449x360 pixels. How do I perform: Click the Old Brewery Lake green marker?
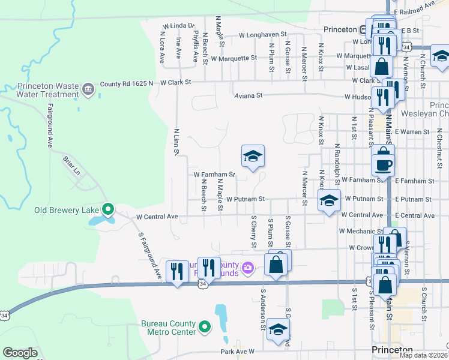(x=108, y=209)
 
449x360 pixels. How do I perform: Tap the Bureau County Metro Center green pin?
(x=205, y=328)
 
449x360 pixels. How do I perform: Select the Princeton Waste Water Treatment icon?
(x=88, y=90)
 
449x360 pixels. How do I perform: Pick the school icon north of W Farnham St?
(x=253, y=157)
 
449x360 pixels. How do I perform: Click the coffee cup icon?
(x=382, y=163)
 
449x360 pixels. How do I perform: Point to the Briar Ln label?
(x=71, y=167)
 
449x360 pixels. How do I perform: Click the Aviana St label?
(x=248, y=95)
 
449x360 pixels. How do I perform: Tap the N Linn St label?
(x=176, y=142)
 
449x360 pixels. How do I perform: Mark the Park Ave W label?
(x=238, y=351)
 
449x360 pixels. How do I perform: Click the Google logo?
(x=20, y=353)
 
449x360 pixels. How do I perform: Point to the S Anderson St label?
(x=262, y=305)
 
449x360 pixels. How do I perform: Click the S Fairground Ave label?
(x=150, y=256)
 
